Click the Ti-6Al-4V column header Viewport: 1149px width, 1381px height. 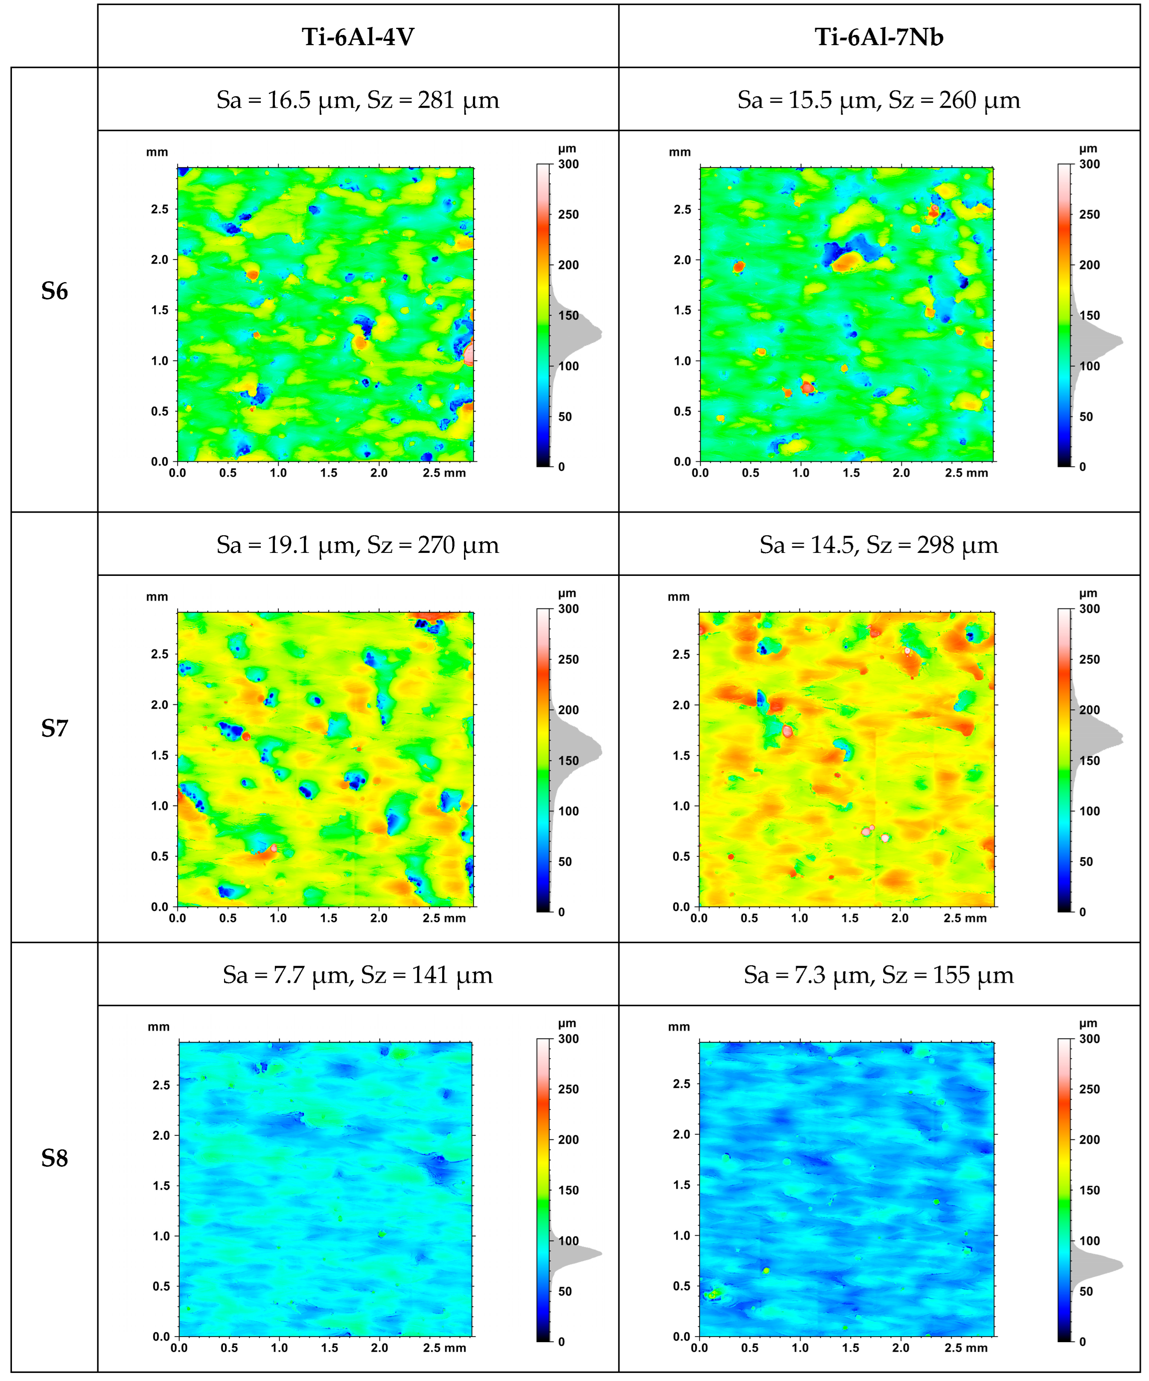(358, 37)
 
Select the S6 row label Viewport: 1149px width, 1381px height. (55, 291)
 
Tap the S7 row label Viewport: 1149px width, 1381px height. (55, 728)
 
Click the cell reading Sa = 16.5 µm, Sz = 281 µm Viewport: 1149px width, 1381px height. (358, 100)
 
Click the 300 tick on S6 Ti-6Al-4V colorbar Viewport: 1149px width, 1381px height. (568, 164)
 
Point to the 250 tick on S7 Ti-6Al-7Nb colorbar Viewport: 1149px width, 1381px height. (1089, 660)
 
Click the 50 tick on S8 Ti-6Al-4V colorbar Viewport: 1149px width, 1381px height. (565, 1291)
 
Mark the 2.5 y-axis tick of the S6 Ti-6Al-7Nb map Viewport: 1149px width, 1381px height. (682, 209)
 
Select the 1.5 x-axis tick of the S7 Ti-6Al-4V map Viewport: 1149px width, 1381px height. (329, 918)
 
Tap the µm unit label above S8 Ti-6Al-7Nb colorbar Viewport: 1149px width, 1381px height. (1088, 1023)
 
